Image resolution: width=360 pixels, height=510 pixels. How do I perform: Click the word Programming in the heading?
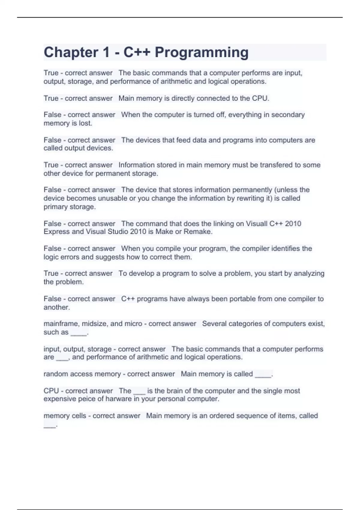tap(202, 52)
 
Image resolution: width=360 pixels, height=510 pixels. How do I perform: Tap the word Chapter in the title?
tap(71, 52)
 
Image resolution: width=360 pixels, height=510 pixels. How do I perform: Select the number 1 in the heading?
tap(106, 52)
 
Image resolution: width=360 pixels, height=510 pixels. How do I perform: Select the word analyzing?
tap(309, 273)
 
